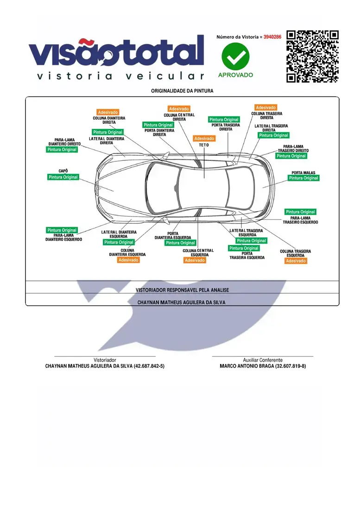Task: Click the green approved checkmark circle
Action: point(235,56)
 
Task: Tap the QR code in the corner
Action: point(312,56)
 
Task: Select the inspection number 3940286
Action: point(272,37)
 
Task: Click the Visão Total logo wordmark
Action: point(116,52)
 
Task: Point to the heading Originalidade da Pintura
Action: point(182,91)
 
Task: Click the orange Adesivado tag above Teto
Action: point(204,139)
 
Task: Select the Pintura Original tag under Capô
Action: point(63,177)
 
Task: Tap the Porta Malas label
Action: point(303,173)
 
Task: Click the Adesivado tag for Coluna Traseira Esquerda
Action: point(296,261)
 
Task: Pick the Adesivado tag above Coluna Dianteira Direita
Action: point(108,112)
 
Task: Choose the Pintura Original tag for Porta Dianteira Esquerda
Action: point(180,243)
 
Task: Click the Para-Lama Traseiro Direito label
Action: point(293,149)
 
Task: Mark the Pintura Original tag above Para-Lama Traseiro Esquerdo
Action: point(300,212)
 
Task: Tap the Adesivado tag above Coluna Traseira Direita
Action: point(266,108)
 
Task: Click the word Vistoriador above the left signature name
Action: point(105,360)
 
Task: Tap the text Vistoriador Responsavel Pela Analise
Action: point(182,290)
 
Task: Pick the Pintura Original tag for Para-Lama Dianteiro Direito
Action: point(62,150)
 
